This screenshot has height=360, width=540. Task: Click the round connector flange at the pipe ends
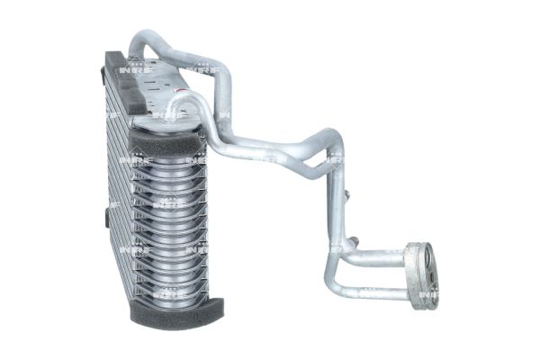pos(420,275)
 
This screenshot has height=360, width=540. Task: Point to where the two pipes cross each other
pos(319,158)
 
